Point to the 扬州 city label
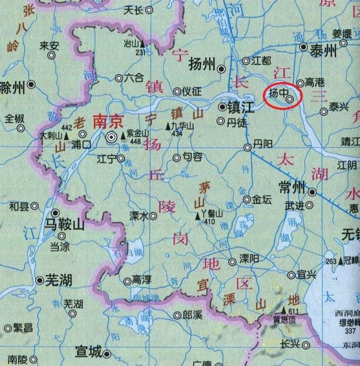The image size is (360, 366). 203,64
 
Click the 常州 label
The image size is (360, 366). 291,187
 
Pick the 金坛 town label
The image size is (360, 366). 262,199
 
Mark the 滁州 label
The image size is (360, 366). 12,87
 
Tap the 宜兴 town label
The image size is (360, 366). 307,275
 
